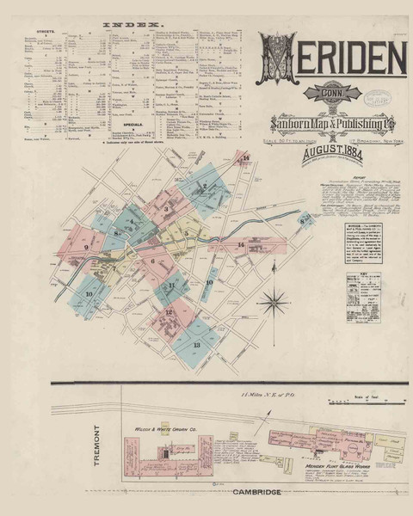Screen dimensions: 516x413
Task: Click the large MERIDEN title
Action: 331,58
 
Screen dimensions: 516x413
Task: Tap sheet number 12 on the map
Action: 169,312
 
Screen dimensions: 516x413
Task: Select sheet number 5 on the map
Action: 187,232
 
